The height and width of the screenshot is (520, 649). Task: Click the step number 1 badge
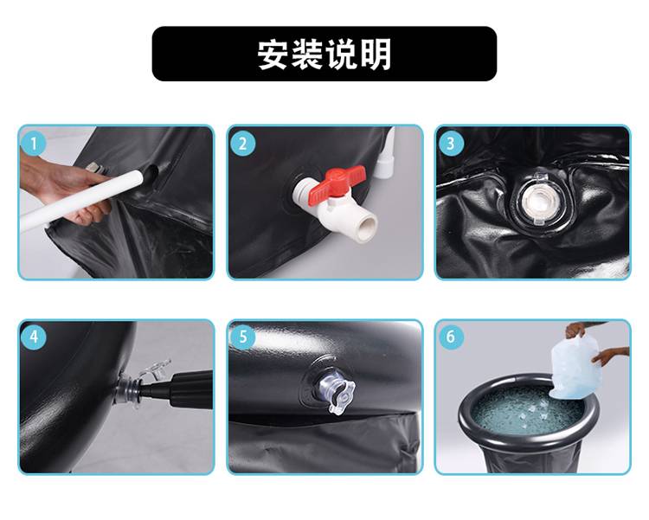point(34,144)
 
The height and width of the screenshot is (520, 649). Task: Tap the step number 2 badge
point(242,144)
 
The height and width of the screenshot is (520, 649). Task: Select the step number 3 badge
point(450,144)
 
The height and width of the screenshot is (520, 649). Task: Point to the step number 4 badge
point(34,337)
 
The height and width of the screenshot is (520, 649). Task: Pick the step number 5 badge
point(242,337)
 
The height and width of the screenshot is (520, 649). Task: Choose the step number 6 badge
point(450,337)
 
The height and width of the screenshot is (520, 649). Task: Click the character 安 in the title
point(273,55)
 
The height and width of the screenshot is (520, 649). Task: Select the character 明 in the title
point(376,55)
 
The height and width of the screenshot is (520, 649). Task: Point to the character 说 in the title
point(342,55)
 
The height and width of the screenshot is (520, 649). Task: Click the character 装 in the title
point(307,55)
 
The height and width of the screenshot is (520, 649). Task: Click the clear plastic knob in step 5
point(336,392)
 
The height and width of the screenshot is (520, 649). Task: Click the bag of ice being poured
point(575,366)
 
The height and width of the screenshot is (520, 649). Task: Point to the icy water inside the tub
point(528,411)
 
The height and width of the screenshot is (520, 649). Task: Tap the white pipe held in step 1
point(82,199)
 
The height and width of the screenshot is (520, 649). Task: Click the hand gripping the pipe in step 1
point(62,187)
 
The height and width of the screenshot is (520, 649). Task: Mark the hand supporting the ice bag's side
point(613,356)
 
